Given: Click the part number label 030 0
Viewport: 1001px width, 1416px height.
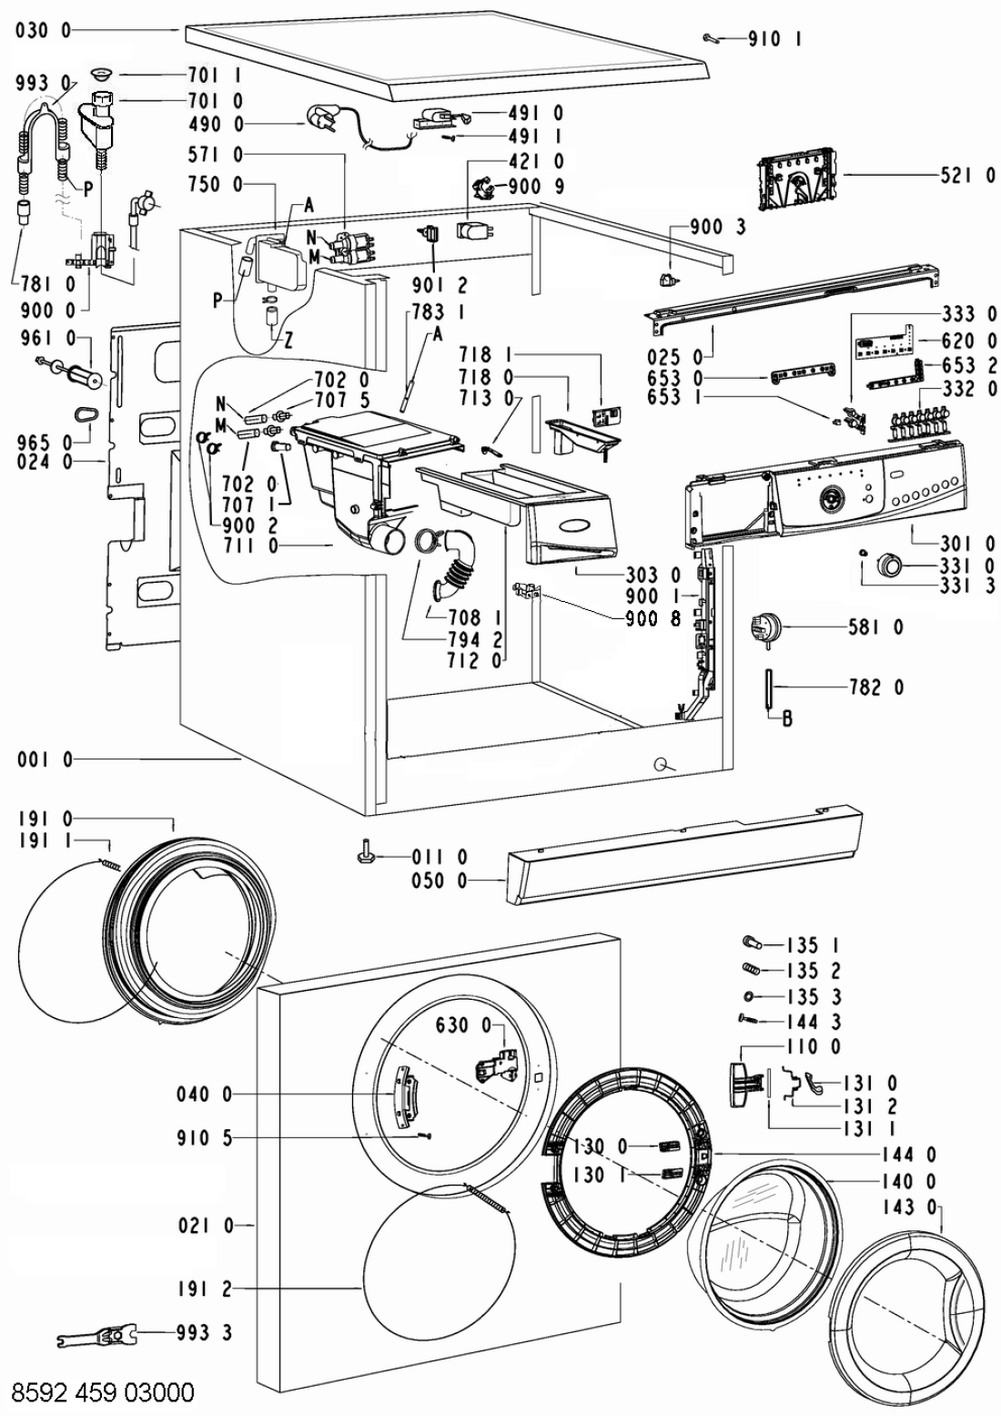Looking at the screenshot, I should (x=44, y=31).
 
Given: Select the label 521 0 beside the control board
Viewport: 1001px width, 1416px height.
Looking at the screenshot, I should (x=967, y=176).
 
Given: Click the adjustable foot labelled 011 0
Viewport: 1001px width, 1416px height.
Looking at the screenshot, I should (x=365, y=855).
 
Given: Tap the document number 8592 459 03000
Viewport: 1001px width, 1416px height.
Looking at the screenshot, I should (x=102, y=1391).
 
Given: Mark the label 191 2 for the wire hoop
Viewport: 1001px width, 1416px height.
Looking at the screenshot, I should (x=204, y=1289).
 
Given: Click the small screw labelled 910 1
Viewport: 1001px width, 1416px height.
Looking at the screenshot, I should (x=713, y=37).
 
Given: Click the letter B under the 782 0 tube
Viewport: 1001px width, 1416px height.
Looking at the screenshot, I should (x=787, y=718).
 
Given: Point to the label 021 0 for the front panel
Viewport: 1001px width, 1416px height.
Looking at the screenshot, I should (x=204, y=1226).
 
